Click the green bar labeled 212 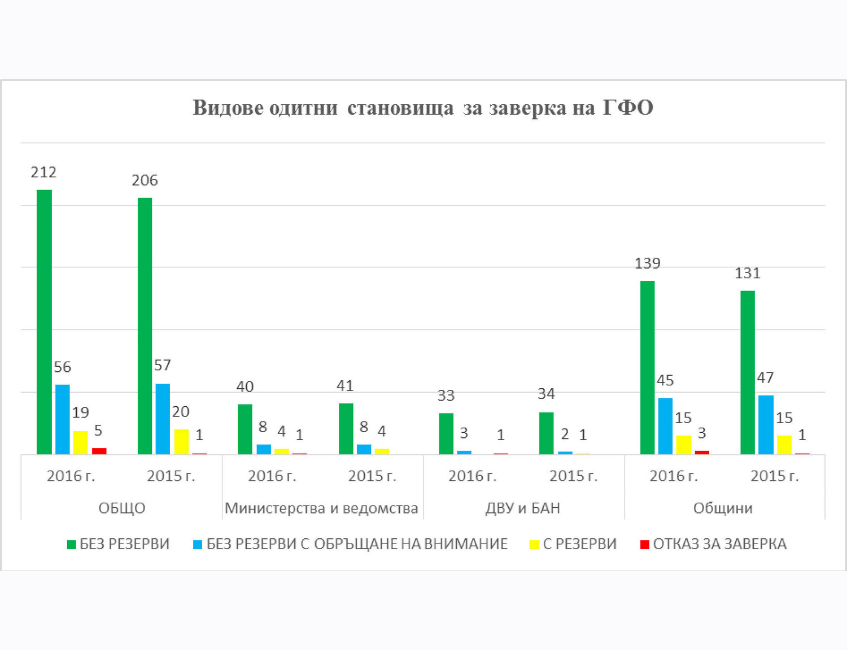[44, 322]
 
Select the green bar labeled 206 [145, 326]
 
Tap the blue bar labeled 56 [62, 419]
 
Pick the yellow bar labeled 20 [181, 442]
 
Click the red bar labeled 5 [99, 451]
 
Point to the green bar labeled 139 [648, 368]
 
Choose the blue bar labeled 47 [766, 425]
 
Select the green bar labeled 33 [446, 434]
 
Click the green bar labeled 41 [346, 429]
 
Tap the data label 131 [748, 274]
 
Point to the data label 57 [162, 365]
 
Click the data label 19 [81, 412]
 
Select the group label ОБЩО [122, 508]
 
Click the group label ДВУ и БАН [523, 508]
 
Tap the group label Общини [723, 508]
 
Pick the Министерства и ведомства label [321, 508]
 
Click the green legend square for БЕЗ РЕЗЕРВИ [71, 544]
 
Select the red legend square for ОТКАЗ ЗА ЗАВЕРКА [645, 544]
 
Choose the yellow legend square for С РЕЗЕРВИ [534, 544]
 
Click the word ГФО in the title [628, 108]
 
